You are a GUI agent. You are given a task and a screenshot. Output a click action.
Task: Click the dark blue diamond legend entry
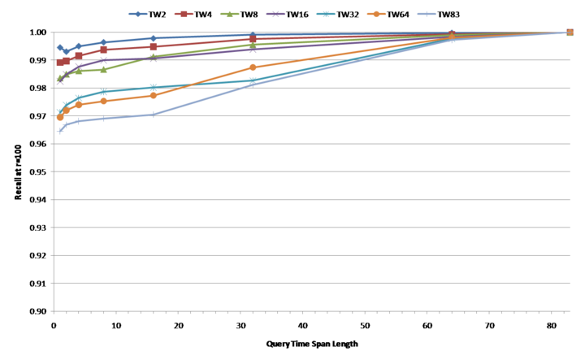pyautogui.click(x=137, y=14)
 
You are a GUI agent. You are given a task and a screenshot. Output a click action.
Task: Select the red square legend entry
pyautogui.click(x=184, y=14)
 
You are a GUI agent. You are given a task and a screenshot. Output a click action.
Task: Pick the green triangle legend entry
pyautogui.click(x=229, y=14)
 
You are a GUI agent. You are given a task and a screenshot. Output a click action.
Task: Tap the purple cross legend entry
pyautogui.click(x=275, y=14)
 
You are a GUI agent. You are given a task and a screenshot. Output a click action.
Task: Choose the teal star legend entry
pyautogui.click(x=326, y=14)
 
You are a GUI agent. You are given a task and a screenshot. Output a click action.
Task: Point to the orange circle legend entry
pyautogui.click(x=376, y=14)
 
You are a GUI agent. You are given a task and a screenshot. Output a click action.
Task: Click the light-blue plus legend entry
pyautogui.click(x=427, y=14)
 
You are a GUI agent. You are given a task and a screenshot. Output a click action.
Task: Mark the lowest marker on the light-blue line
pyautogui.click(x=59, y=130)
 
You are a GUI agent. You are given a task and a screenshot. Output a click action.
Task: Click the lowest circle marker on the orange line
pyautogui.click(x=60, y=118)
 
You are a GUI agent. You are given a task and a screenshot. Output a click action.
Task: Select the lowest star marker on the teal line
pyautogui.click(x=59, y=111)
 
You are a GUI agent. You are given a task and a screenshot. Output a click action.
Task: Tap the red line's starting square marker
pyautogui.click(x=60, y=63)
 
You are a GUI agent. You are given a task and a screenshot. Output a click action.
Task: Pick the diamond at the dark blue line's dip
pyautogui.click(x=67, y=51)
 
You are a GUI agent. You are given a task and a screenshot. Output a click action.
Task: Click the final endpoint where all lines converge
pyautogui.click(x=570, y=33)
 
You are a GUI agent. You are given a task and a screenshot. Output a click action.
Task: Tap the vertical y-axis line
pyautogui.click(x=53, y=171)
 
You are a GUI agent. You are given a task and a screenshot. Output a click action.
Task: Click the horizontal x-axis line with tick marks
pyautogui.click(x=309, y=310)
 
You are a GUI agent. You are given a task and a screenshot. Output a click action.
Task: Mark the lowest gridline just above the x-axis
pyautogui.click(x=309, y=283)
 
